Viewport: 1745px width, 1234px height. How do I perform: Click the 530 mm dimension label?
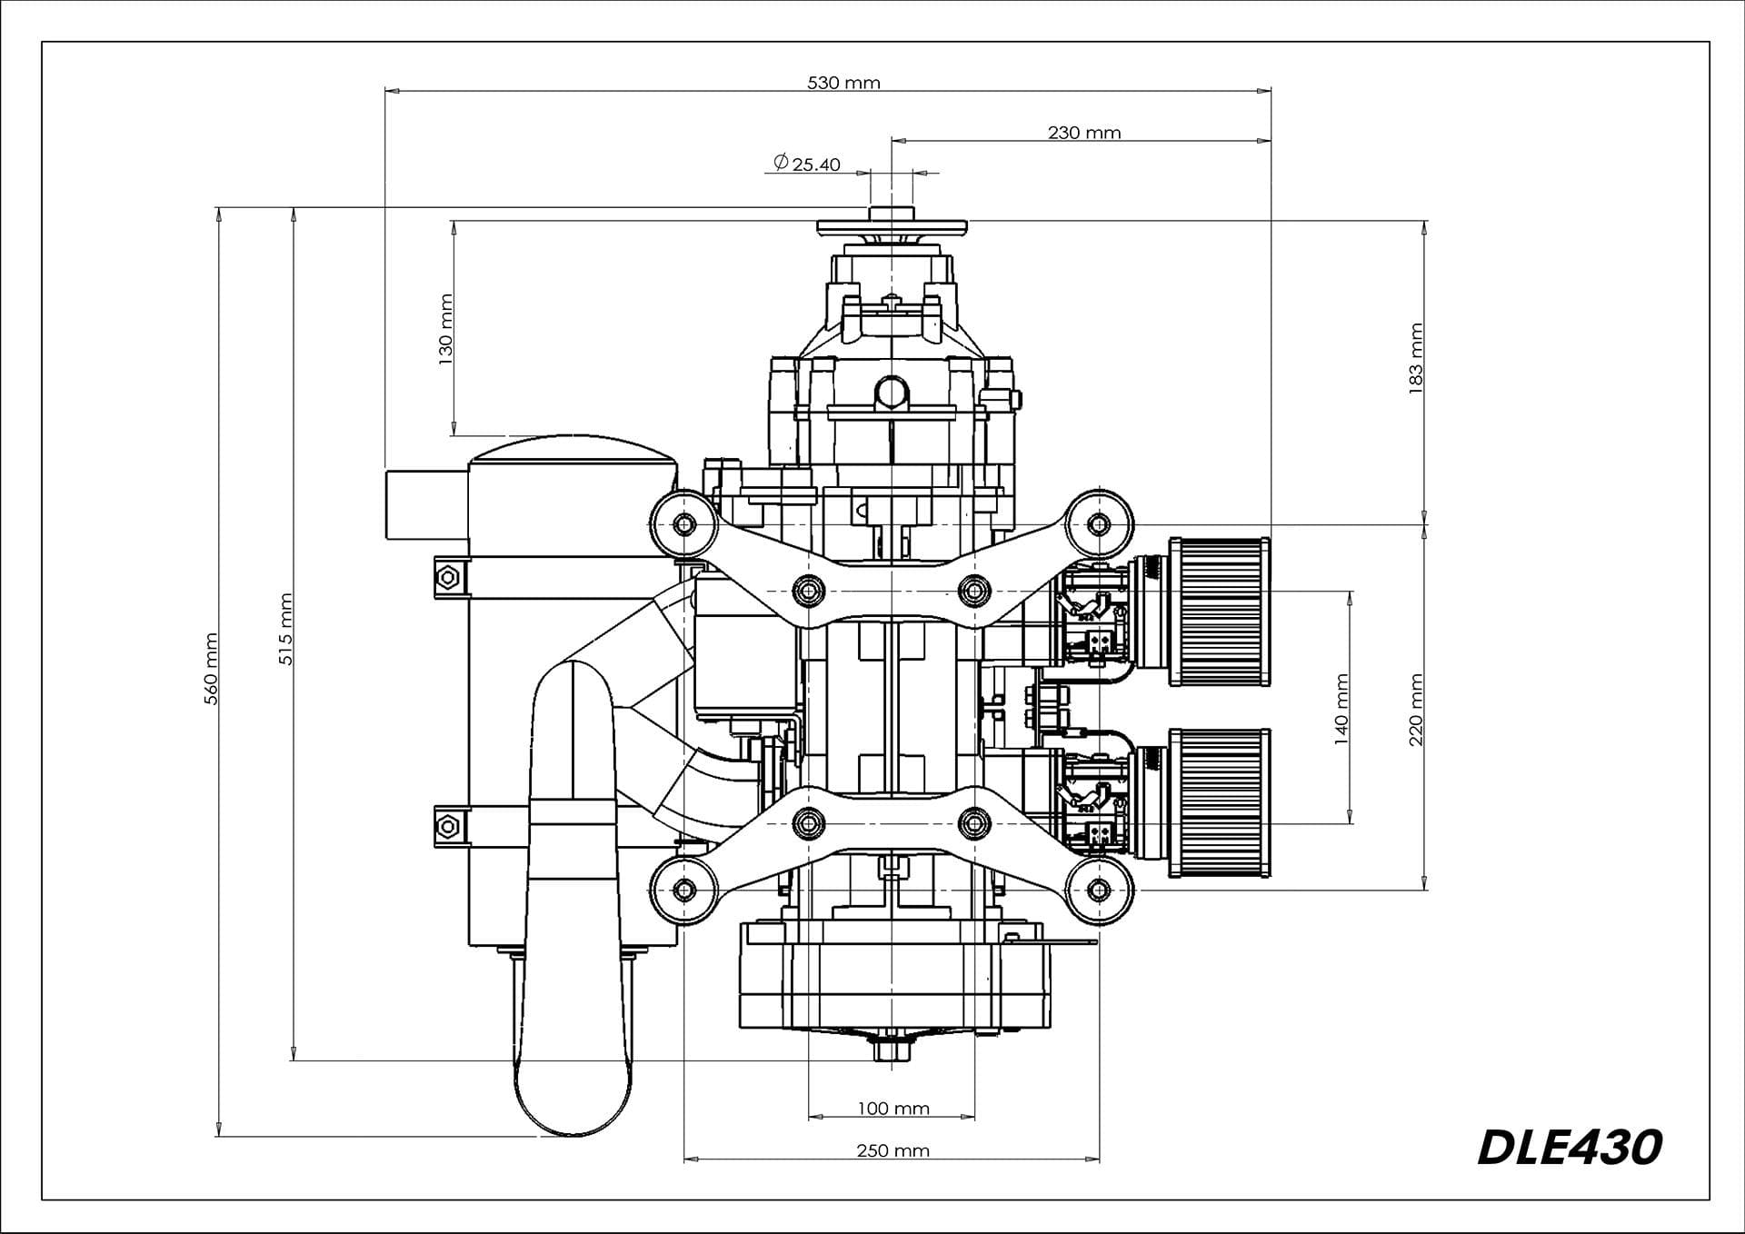[843, 83]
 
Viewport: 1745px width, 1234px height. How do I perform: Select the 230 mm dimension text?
[1084, 133]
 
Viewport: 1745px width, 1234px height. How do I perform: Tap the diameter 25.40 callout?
[807, 164]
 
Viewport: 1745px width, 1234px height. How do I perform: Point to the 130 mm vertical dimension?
[445, 329]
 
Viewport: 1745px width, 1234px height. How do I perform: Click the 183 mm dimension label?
[1415, 358]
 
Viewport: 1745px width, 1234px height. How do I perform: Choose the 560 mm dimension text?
[211, 669]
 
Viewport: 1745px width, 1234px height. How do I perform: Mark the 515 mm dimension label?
[285, 629]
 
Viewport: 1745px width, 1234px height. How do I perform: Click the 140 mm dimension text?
[1341, 709]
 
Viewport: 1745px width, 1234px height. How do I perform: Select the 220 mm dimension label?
[1415, 709]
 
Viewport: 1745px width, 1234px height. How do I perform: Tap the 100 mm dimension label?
[893, 1109]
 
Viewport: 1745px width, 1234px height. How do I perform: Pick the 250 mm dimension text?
[892, 1150]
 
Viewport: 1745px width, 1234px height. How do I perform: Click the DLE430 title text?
[1570, 1148]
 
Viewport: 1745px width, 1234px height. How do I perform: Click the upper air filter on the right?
[1220, 611]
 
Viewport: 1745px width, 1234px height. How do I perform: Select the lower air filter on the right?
[1220, 801]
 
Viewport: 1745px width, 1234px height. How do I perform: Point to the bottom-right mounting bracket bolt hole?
[1099, 890]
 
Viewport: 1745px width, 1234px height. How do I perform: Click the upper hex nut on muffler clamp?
[446, 577]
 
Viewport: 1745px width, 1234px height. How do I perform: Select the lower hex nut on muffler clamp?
[446, 825]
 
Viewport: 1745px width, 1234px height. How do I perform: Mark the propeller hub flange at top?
[892, 225]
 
